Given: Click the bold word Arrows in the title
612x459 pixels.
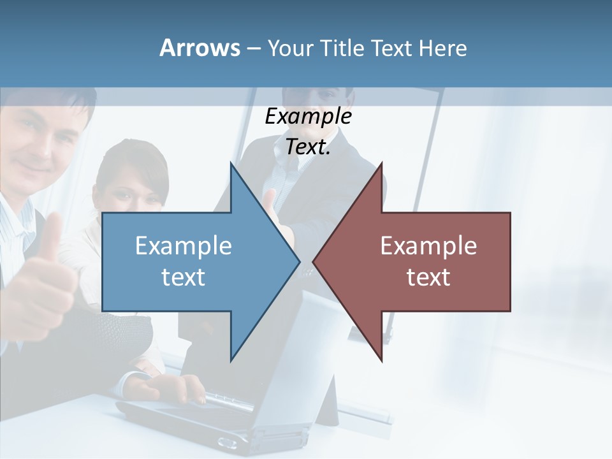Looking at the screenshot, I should pyautogui.click(x=200, y=48).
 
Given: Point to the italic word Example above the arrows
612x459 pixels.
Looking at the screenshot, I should pyautogui.click(x=308, y=117).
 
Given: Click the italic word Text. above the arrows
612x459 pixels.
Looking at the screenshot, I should pyautogui.click(x=308, y=147).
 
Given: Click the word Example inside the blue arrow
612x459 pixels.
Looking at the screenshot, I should pyautogui.click(x=184, y=245).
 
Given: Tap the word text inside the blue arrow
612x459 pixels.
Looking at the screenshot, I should pyautogui.click(x=184, y=277).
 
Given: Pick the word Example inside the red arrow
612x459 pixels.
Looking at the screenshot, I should pyautogui.click(x=428, y=245).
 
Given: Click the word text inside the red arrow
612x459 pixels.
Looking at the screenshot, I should pyautogui.click(x=428, y=277).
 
